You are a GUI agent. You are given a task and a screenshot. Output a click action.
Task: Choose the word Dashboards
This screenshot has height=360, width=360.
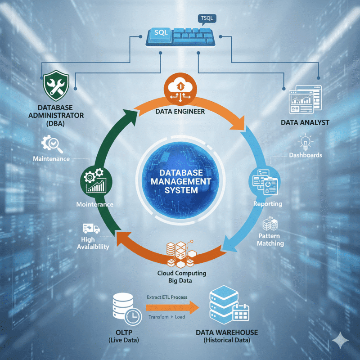306,155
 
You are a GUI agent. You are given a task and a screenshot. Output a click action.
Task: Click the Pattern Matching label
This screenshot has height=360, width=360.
270,239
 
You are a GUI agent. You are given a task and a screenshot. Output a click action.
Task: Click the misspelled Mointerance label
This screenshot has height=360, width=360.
94,204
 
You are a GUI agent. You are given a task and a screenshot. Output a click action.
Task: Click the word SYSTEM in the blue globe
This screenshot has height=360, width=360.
180,190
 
